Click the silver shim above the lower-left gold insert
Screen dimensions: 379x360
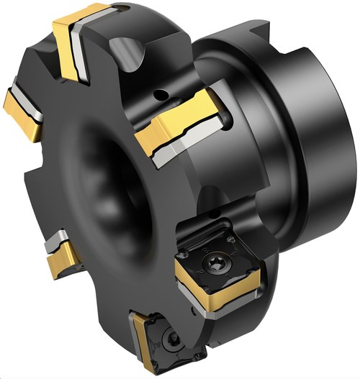55,243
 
